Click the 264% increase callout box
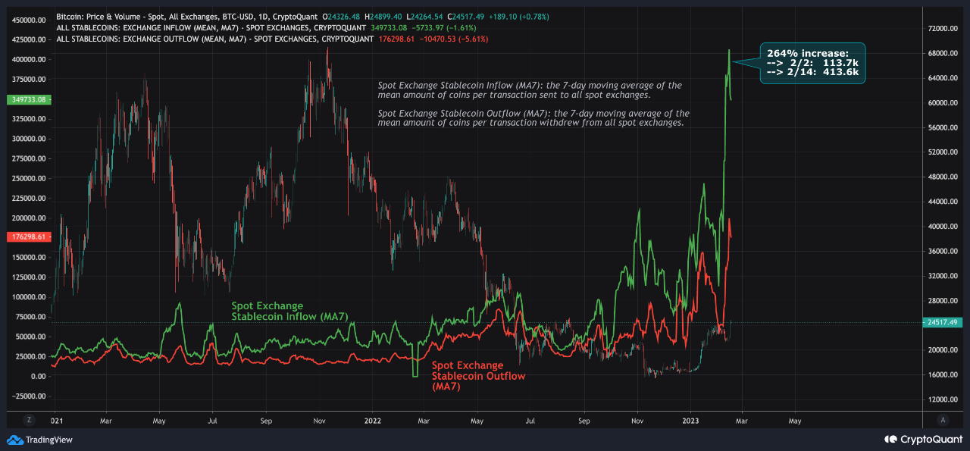pos(812,63)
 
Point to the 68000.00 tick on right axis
pos(943,53)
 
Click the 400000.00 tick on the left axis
pos(27,60)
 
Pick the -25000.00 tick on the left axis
pos(27,396)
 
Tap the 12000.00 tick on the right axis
pos(943,399)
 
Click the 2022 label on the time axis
pos(372,419)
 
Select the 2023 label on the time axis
pos(691,419)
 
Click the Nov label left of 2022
pos(319,419)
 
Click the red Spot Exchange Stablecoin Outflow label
pos(478,376)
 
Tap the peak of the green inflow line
pos(729,51)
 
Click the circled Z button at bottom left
pos(29,419)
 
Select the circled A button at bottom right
pos(943,419)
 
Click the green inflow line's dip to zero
pos(415,375)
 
